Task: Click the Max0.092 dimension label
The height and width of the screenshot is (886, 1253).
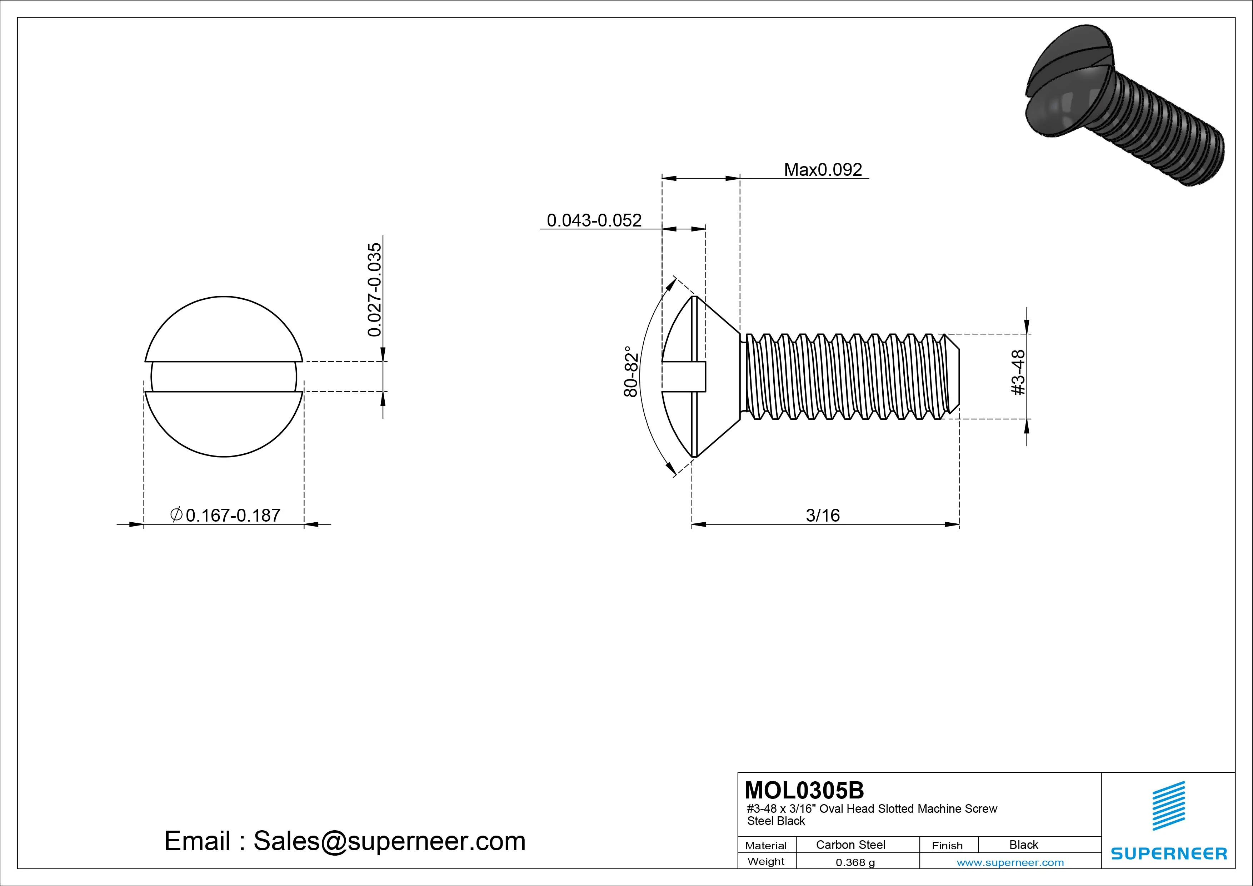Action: point(823,170)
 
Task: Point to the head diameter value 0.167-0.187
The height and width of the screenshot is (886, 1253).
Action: point(233,515)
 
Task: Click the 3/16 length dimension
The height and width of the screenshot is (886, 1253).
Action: point(823,515)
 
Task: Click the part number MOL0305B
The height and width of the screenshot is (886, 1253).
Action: point(804,790)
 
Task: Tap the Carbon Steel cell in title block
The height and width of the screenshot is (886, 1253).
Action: point(850,845)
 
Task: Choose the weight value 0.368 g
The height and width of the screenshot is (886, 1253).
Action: point(855,862)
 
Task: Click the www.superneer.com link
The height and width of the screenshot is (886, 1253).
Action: point(1010,862)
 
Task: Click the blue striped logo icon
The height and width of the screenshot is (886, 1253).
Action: point(1168,806)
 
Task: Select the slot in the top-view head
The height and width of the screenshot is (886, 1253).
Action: point(224,377)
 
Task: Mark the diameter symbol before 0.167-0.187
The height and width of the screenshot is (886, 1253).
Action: point(176,514)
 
